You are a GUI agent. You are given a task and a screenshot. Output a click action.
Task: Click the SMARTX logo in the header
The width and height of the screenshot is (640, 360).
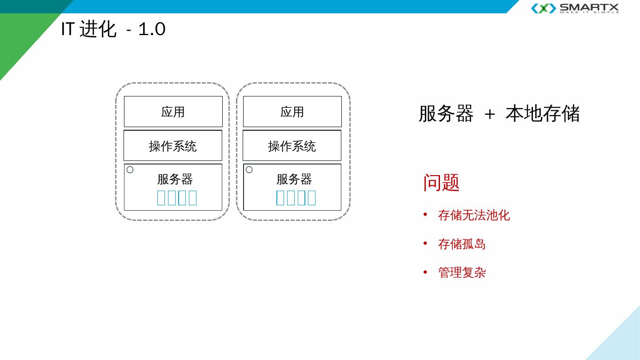575,8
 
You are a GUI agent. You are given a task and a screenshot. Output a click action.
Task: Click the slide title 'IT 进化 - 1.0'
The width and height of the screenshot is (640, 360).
113,29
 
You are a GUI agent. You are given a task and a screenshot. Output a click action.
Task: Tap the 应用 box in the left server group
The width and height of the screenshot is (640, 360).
173,112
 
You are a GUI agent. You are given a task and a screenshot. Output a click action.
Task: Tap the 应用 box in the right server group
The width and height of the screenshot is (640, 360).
292,112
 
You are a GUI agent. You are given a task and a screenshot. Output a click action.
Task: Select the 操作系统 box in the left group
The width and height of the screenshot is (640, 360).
172,146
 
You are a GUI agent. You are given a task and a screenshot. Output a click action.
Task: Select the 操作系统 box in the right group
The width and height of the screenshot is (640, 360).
292,146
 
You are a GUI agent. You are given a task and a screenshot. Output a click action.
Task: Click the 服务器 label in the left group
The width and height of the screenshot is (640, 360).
175,179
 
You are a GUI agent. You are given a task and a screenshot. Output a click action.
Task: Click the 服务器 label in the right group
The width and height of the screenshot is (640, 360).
294,179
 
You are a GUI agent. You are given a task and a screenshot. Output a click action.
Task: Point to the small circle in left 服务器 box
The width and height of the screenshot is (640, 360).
130,170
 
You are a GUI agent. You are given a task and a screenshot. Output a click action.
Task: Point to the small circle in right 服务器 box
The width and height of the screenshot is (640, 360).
249,170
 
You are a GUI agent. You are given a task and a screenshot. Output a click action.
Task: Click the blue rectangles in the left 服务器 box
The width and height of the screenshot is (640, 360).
177,198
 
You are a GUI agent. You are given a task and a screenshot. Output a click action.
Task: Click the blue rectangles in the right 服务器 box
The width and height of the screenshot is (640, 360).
296,198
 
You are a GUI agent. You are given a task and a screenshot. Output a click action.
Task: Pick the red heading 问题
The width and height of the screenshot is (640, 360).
441,183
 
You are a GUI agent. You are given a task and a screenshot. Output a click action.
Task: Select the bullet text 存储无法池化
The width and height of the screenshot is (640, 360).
474,215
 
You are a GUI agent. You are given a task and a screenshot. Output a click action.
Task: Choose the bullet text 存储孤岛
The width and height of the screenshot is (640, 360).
462,244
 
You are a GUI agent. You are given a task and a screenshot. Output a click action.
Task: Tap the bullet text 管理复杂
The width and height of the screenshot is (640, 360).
462,272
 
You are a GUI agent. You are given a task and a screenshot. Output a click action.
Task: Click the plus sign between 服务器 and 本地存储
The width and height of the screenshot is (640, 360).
489,114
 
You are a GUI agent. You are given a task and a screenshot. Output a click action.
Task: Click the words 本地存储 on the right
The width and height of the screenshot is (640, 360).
543,114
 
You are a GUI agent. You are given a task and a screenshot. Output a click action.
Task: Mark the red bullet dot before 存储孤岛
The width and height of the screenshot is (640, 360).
425,243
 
